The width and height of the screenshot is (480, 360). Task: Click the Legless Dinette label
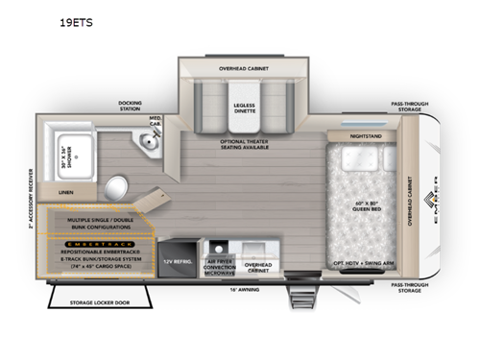tap(244, 106)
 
